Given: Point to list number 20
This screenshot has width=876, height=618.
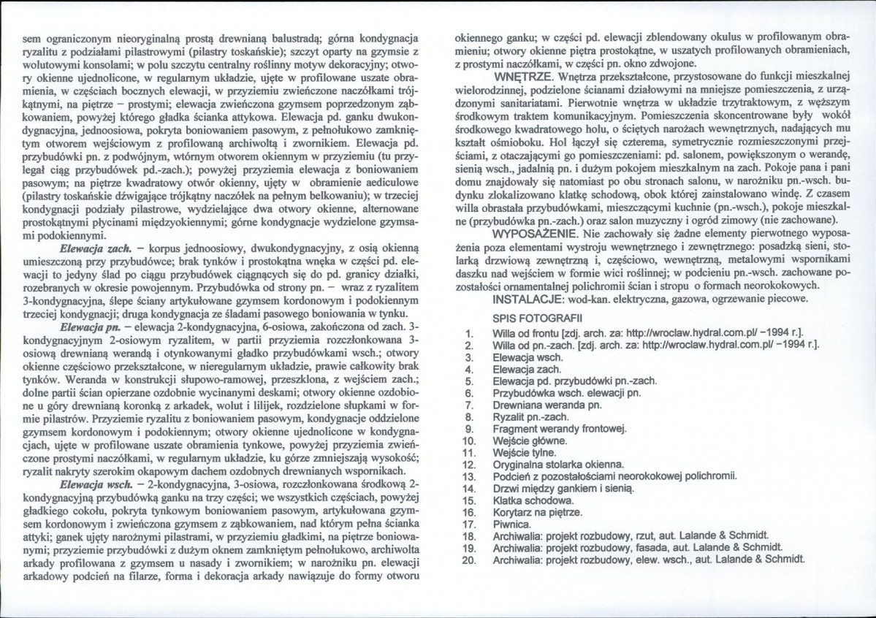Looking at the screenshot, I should coord(470,560).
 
